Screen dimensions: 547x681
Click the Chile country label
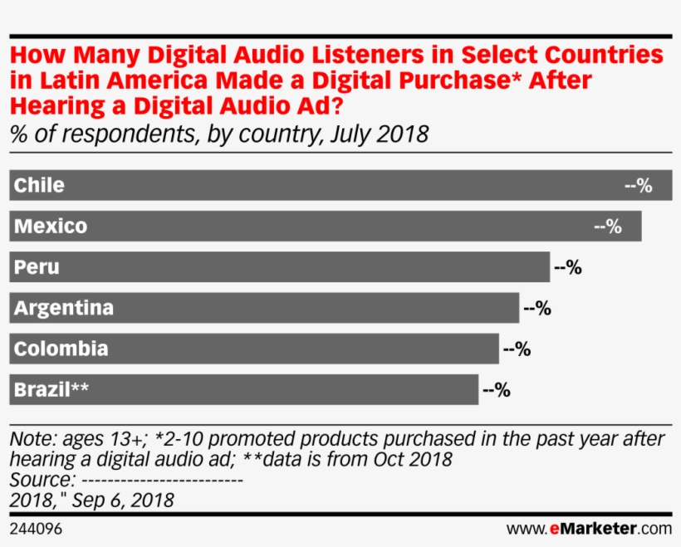click(x=39, y=185)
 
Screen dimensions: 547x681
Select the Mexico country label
click(x=51, y=226)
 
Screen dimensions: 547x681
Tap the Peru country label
click(x=37, y=267)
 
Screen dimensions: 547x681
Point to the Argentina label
click(x=64, y=308)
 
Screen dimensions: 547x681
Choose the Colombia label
click(x=61, y=349)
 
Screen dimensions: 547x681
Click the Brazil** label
click(x=51, y=389)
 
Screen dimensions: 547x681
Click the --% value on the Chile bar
click(x=638, y=186)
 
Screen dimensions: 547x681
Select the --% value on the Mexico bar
click(x=608, y=227)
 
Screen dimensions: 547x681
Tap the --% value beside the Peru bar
click(x=567, y=267)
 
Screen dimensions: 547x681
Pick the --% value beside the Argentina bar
click(x=537, y=308)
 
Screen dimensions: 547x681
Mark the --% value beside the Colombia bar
click(x=517, y=349)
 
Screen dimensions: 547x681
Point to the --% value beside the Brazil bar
click(x=496, y=389)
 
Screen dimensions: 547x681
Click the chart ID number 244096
click(x=36, y=529)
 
